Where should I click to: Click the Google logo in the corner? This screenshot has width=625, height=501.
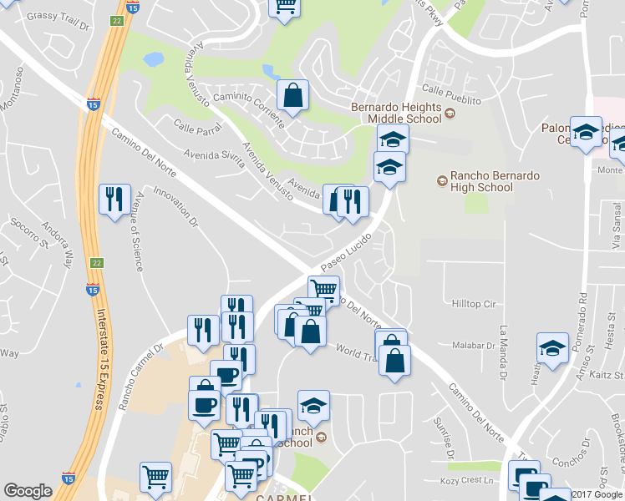tap(28, 492)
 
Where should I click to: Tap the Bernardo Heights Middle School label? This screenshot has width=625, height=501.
tap(395, 113)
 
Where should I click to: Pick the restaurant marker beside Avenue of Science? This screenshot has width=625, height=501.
tap(115, 200)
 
